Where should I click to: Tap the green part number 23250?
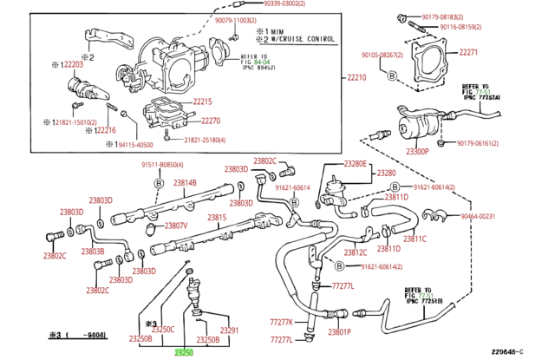click(184, 352)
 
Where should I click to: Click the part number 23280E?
click(356, 164)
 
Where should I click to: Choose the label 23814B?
click(185, 183)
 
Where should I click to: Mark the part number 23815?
click(217, 217)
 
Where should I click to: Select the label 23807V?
click(176, 226)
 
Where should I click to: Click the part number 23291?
click(229, 331)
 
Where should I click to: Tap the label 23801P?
click(339, 332)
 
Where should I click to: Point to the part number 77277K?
click(283, 322)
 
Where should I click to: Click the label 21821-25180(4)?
click(205, 140)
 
